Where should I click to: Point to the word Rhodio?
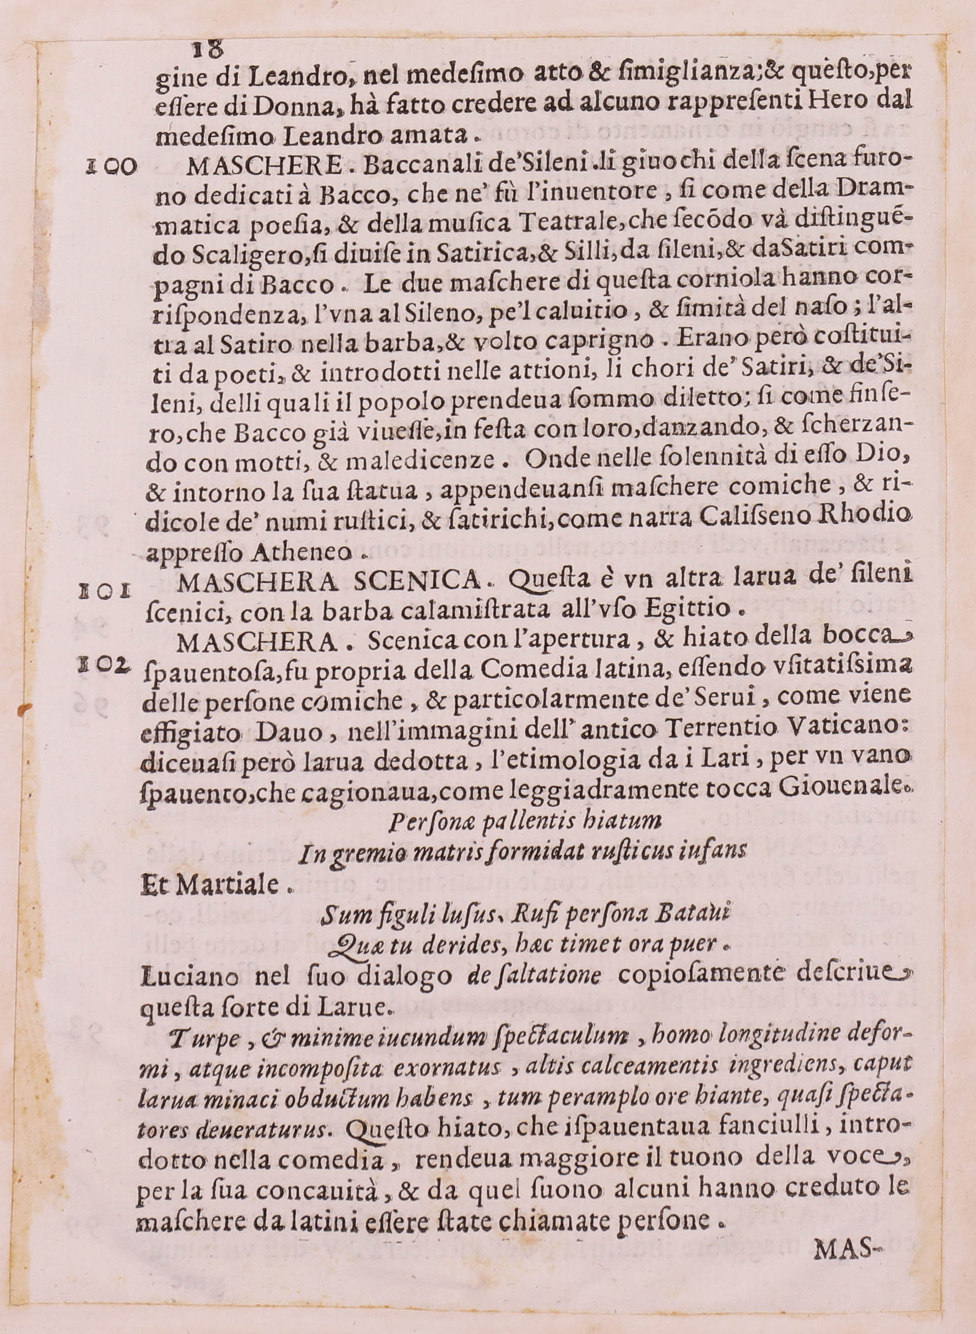click(864, 522)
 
